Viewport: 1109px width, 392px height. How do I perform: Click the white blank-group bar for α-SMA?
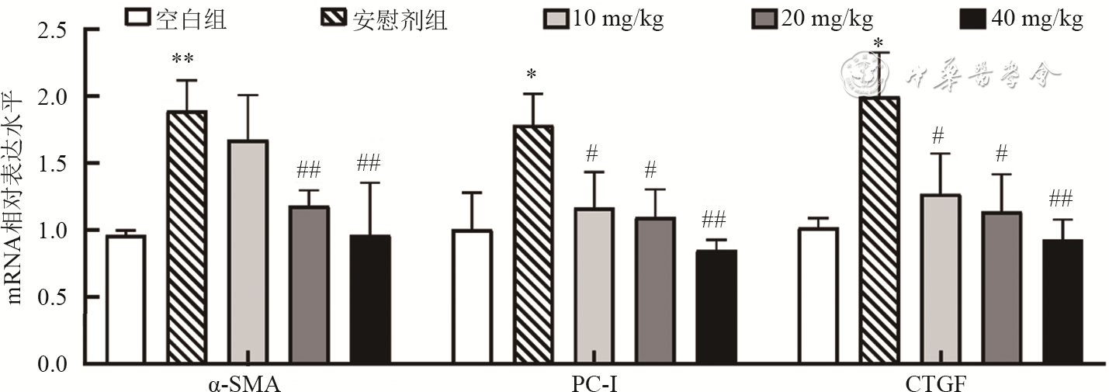(126, 299)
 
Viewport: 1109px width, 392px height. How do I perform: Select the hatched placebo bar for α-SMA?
(187, 237)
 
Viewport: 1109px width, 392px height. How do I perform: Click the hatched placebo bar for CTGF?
(879, 230)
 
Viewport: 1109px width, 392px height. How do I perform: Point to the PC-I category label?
(594, 383)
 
